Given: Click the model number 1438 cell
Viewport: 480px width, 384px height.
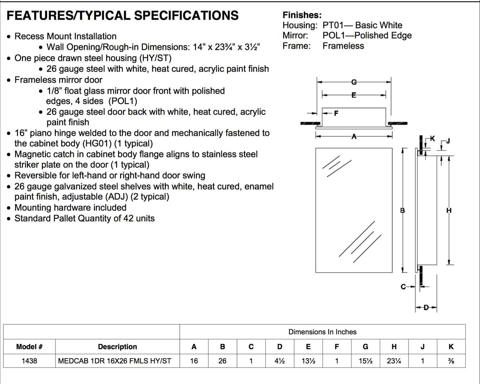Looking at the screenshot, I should point(29,361).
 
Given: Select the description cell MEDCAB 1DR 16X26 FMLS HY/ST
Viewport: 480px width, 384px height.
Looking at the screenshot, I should point(115,361).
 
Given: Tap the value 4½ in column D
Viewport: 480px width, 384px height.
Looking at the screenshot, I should point(279,361).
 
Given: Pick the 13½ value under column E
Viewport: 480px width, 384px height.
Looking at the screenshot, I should point(308,361).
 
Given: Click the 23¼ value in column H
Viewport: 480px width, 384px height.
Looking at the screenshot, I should point(394,361).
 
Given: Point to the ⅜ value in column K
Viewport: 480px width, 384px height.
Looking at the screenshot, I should point(451,361).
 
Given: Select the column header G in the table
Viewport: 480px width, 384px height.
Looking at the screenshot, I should point(365,347).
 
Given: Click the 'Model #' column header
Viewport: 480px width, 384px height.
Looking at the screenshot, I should point(29,347).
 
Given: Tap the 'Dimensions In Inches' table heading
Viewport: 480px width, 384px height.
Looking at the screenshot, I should point(322,332).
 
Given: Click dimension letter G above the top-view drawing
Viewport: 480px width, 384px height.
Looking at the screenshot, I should point(354,82).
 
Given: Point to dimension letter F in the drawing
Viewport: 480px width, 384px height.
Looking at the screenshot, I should point(336,113).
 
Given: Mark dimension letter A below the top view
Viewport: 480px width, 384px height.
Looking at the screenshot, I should point(354,136).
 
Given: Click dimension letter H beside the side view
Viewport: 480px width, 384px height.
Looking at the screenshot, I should point(449,210).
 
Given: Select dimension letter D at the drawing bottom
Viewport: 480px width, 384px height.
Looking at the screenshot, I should point(426,307).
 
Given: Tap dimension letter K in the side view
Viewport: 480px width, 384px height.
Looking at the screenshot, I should point(432,138).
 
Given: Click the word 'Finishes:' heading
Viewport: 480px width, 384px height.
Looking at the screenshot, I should point(302,15).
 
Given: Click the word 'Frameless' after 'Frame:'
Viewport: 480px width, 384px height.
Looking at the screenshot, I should point(343,46).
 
